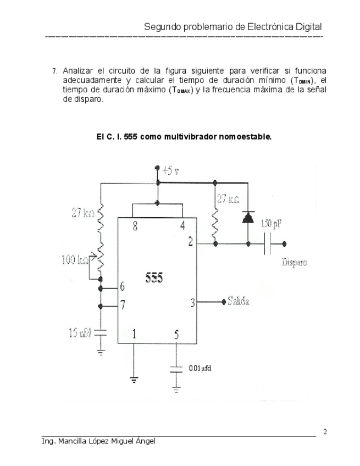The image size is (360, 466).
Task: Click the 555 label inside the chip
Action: tap(154, 278)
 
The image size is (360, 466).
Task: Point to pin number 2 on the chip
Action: tap(190, 242)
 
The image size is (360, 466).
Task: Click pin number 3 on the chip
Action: tap(192, 302)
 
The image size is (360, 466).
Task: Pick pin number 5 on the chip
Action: tap(176, 334)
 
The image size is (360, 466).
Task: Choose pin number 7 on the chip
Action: tap(122, 303)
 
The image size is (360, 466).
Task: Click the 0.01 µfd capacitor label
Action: tap(200, 368)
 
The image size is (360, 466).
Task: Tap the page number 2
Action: tap(325, 431)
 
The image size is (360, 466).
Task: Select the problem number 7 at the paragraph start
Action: tap(54, 71)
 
